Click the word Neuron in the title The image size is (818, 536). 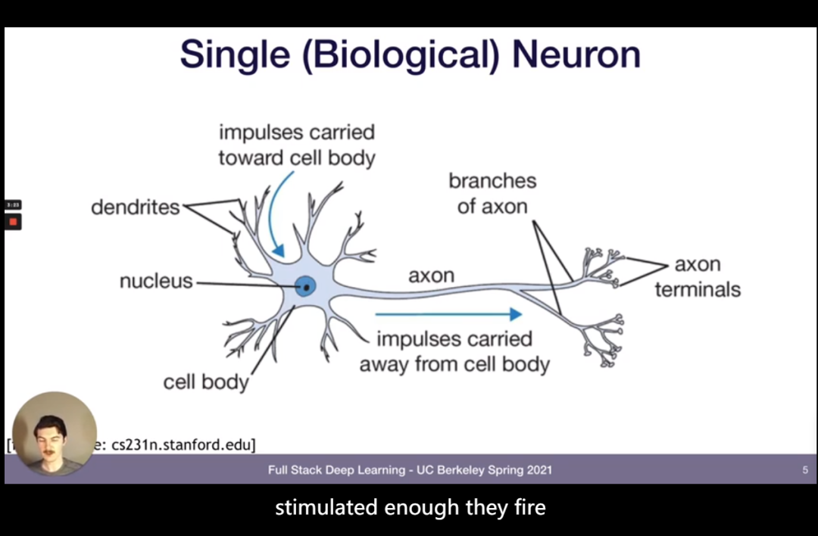[576, 54]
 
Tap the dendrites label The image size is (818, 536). [135, 207]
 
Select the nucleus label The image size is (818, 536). [156, 282]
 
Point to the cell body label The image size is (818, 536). [205, 382]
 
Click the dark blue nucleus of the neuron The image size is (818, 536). [305, 286]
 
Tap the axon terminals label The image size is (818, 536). [698, 276]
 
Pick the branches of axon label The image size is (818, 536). [492, 193]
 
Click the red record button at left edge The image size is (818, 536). [13, 222]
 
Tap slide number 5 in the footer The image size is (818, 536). [805, 470]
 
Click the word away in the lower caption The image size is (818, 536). [383, 364]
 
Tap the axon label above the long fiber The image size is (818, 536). [431, 276]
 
